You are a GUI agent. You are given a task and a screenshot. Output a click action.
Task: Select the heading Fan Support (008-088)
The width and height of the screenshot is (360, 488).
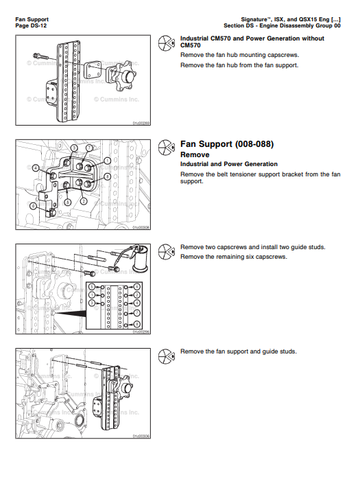226,144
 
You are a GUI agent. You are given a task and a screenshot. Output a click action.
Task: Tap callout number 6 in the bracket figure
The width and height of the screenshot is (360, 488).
34,206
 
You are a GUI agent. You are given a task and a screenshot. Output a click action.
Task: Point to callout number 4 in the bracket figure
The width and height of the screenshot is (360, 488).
35,167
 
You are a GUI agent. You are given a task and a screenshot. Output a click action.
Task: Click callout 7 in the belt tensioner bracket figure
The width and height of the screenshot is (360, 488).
89,148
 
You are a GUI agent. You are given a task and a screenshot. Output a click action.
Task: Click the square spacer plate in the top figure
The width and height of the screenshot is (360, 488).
93,70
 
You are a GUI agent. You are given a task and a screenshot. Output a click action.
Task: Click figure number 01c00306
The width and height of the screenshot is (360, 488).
141,436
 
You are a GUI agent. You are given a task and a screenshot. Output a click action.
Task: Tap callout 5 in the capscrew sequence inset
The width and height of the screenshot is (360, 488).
93,286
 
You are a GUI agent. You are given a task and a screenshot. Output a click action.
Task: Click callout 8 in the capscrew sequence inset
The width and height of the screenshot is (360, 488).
136,286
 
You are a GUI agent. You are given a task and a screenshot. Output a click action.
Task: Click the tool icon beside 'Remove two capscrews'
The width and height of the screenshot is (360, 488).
165,251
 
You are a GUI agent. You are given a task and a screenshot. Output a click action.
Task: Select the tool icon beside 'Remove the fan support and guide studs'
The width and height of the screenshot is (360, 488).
165,356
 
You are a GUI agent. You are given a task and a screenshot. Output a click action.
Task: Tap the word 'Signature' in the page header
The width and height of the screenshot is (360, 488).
258,19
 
